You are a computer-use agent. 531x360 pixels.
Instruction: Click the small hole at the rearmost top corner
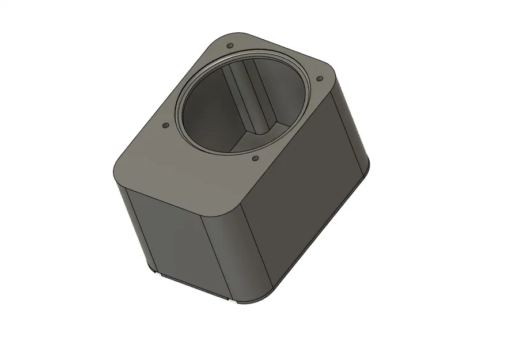pos(230,46)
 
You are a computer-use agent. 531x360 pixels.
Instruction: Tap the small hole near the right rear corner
pos(319,79)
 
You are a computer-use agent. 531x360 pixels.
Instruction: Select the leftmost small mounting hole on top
pos(165,124)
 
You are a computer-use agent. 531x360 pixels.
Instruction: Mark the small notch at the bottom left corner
pos(154,271)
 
